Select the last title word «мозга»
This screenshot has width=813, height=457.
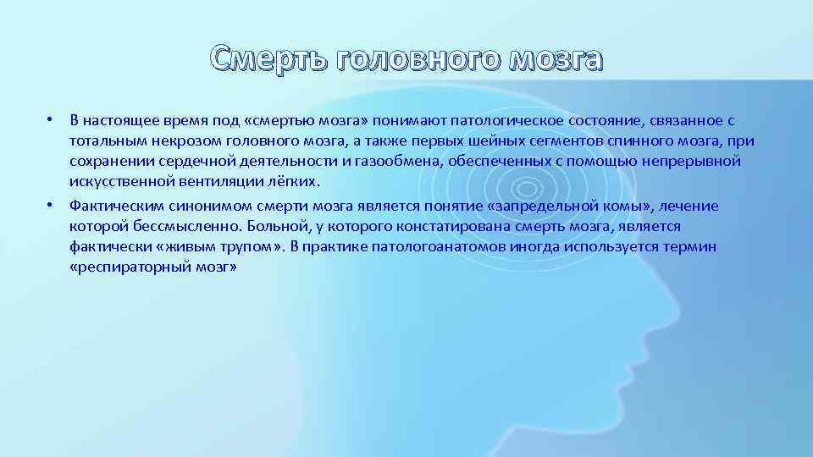pyautogui.click(x=555, y=59)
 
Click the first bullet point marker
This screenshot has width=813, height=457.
pyautogui.click(x=51, y=120)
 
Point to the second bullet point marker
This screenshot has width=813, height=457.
pyautogui.click(x=51, y=206)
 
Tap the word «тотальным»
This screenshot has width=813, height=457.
pyautogui.click(x=103, y=140)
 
